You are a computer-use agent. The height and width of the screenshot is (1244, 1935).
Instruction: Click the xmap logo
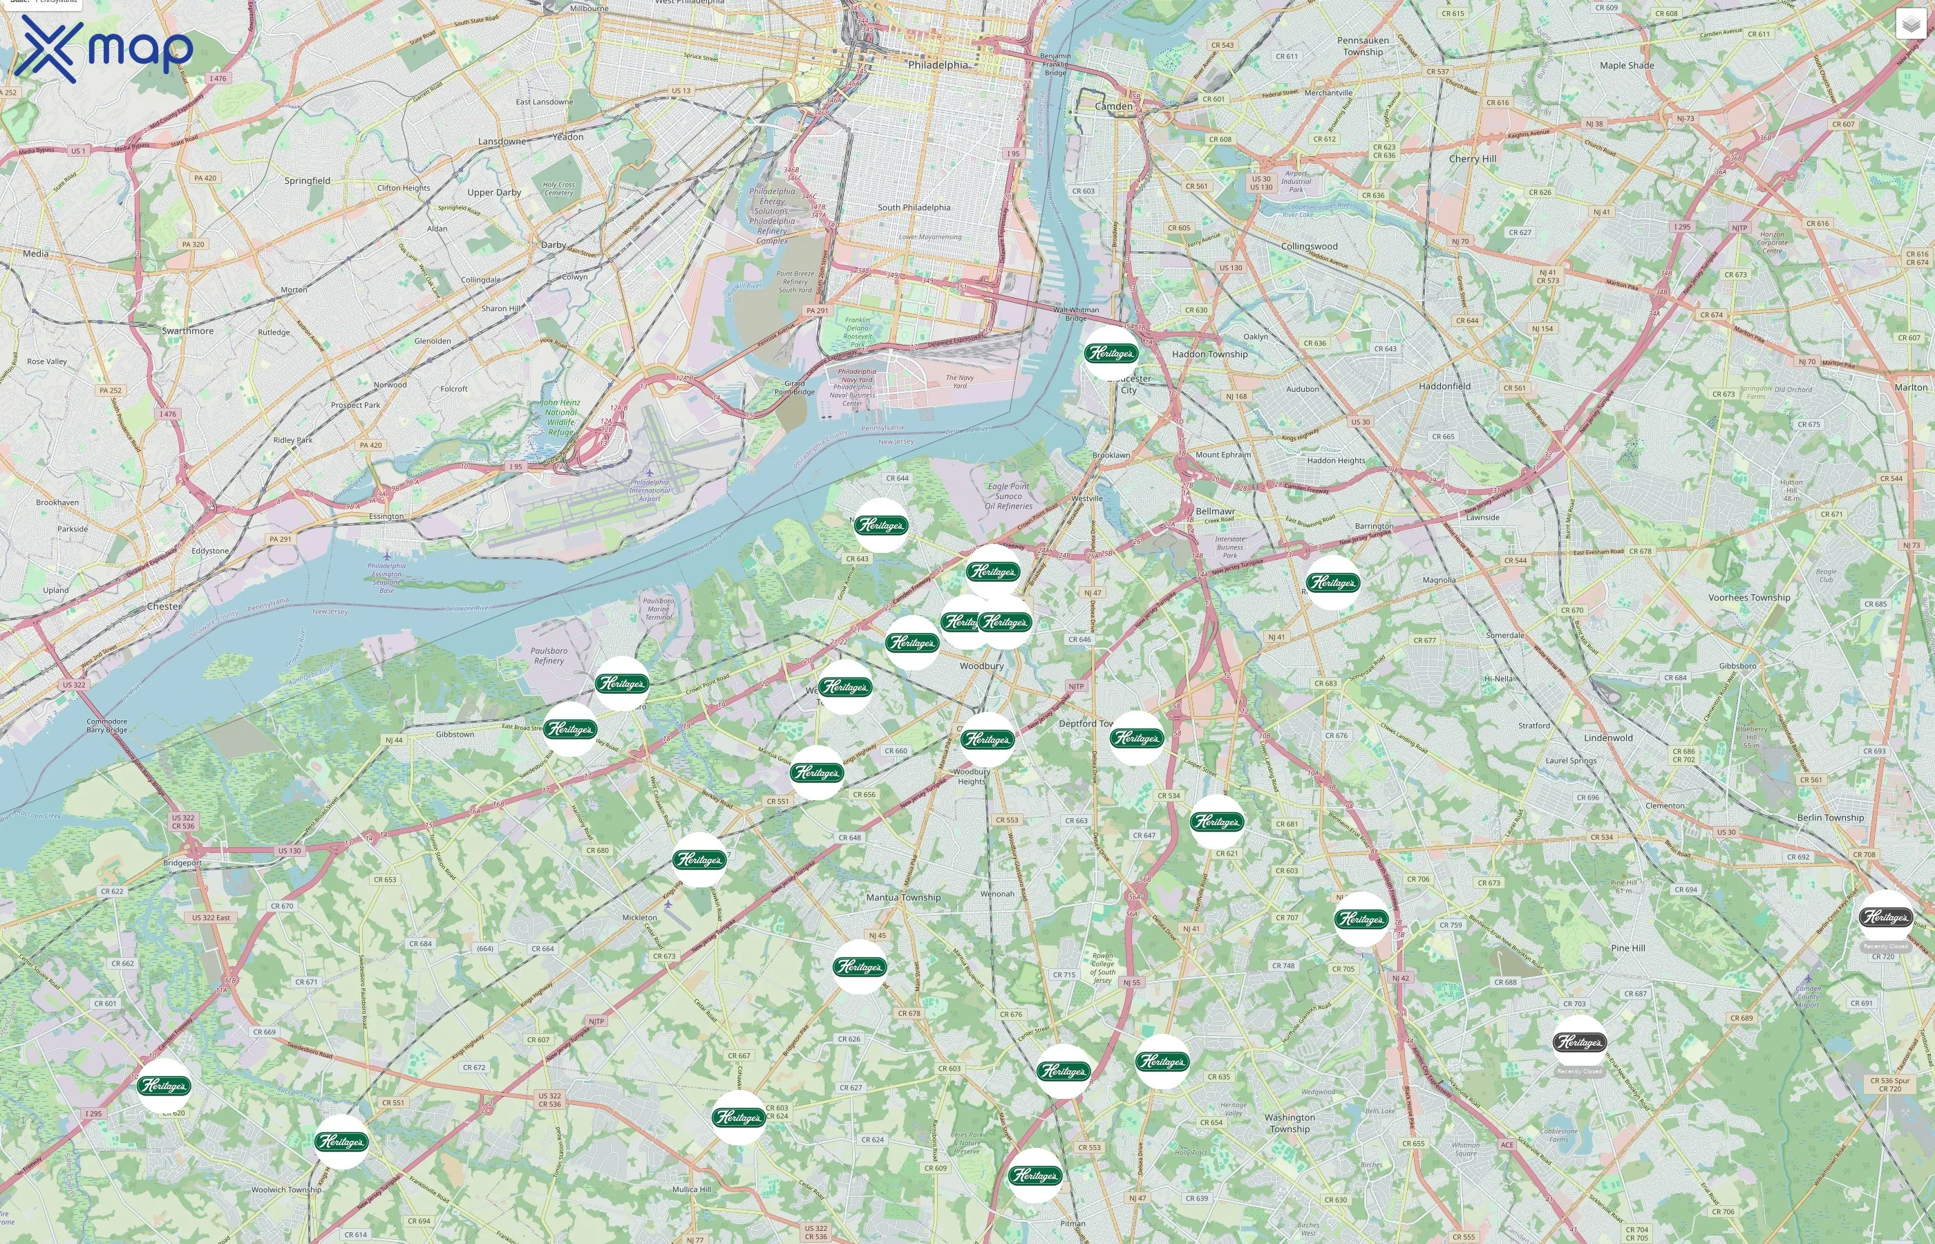[x=104, y=48]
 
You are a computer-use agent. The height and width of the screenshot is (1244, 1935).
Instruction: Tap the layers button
[x=1910, y=24]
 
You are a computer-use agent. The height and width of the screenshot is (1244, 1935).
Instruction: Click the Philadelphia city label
[x=937, y=65]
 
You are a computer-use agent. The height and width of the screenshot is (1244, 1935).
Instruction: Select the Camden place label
[x=1114, y=106]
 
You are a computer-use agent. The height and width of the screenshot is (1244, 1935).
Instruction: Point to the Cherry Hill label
[x=1472, y=159]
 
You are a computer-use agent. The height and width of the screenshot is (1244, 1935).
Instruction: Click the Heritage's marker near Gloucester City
[x=1111, y=353]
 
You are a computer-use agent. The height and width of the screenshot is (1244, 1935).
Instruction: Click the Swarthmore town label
[x=187, y=330]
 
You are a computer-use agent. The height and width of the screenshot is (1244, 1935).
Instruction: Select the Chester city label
[x=164, y=606]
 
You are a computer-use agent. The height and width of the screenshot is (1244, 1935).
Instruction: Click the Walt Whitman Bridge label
[x=1076, y=314]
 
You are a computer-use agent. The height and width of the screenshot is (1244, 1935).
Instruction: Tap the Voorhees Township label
[x=1749, y=598]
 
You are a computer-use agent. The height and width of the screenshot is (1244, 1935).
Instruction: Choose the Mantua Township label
[x=903, y=898]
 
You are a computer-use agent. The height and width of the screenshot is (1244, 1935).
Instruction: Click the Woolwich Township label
[x=286, y=1189]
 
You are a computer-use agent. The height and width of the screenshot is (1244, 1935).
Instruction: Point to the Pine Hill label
[x=1627, y=948]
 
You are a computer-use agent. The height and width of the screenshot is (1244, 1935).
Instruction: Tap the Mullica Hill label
[x=691, y=1189]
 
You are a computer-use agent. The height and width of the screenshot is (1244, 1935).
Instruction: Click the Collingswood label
[x=1309, y=246]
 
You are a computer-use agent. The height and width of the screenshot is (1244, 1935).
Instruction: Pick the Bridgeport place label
[x=182, y=863]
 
